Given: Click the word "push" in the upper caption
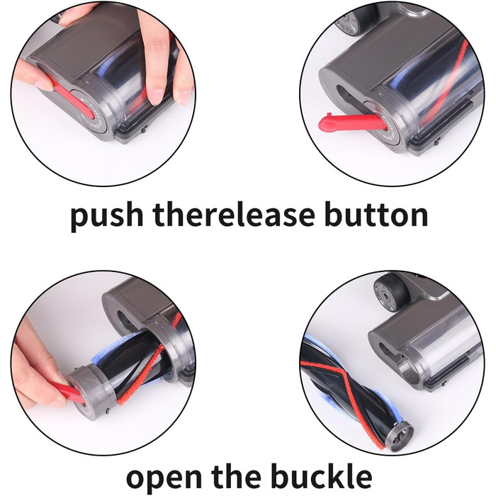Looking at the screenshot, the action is pos(107,215).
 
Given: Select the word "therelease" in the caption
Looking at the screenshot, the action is pos(234,213).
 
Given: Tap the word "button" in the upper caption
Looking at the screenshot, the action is pos(376,213).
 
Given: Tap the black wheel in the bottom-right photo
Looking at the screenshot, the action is pos(391,290).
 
